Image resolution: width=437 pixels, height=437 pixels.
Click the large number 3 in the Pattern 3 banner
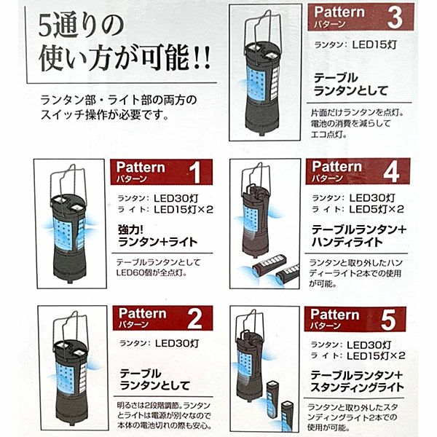point(395,17)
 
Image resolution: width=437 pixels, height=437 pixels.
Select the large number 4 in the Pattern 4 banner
point(391,172)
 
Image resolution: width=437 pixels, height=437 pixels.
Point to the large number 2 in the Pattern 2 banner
point(194,319)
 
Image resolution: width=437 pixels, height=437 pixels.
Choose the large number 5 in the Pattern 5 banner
point(388,320)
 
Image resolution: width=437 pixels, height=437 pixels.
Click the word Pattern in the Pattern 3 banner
point(339,12)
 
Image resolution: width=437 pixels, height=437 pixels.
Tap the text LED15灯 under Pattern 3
point(374,44)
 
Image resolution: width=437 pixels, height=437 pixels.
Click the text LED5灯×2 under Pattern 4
point(377,209)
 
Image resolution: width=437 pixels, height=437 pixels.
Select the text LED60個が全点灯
point(151,272)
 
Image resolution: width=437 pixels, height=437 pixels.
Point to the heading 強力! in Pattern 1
point(130,230)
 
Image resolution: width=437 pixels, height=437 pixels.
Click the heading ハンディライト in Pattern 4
point(347,243)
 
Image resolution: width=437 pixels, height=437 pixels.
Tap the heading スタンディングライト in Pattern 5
point(357,387)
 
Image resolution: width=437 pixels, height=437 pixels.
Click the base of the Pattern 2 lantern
point(71,409)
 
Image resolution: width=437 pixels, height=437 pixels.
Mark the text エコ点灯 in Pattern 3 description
point(329,135)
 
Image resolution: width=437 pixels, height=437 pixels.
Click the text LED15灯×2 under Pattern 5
point(376,355)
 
